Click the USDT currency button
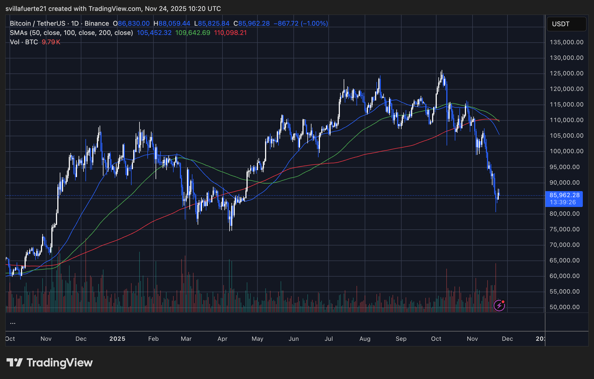click(566, 24)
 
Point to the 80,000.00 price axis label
click(565, 214)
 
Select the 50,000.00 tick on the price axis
click(565, 307)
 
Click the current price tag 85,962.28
click(564, 195)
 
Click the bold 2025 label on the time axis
click(117, 339)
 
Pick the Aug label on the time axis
click(365, 339)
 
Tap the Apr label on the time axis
click(222, 339)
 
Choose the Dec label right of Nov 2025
click(507, 339)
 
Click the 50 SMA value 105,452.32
click(154, 33)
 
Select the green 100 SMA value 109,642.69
click(193, 33)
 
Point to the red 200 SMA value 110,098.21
click(230, 33)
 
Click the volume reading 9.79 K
click(51, 42)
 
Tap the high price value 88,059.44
click(174, 23)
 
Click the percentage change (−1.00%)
click(314, 23)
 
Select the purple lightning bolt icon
click(499, 305)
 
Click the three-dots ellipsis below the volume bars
click(13, 323)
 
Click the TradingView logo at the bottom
click(49, 363)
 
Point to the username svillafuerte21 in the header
click(26, 9)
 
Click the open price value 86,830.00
click(134, 23)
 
